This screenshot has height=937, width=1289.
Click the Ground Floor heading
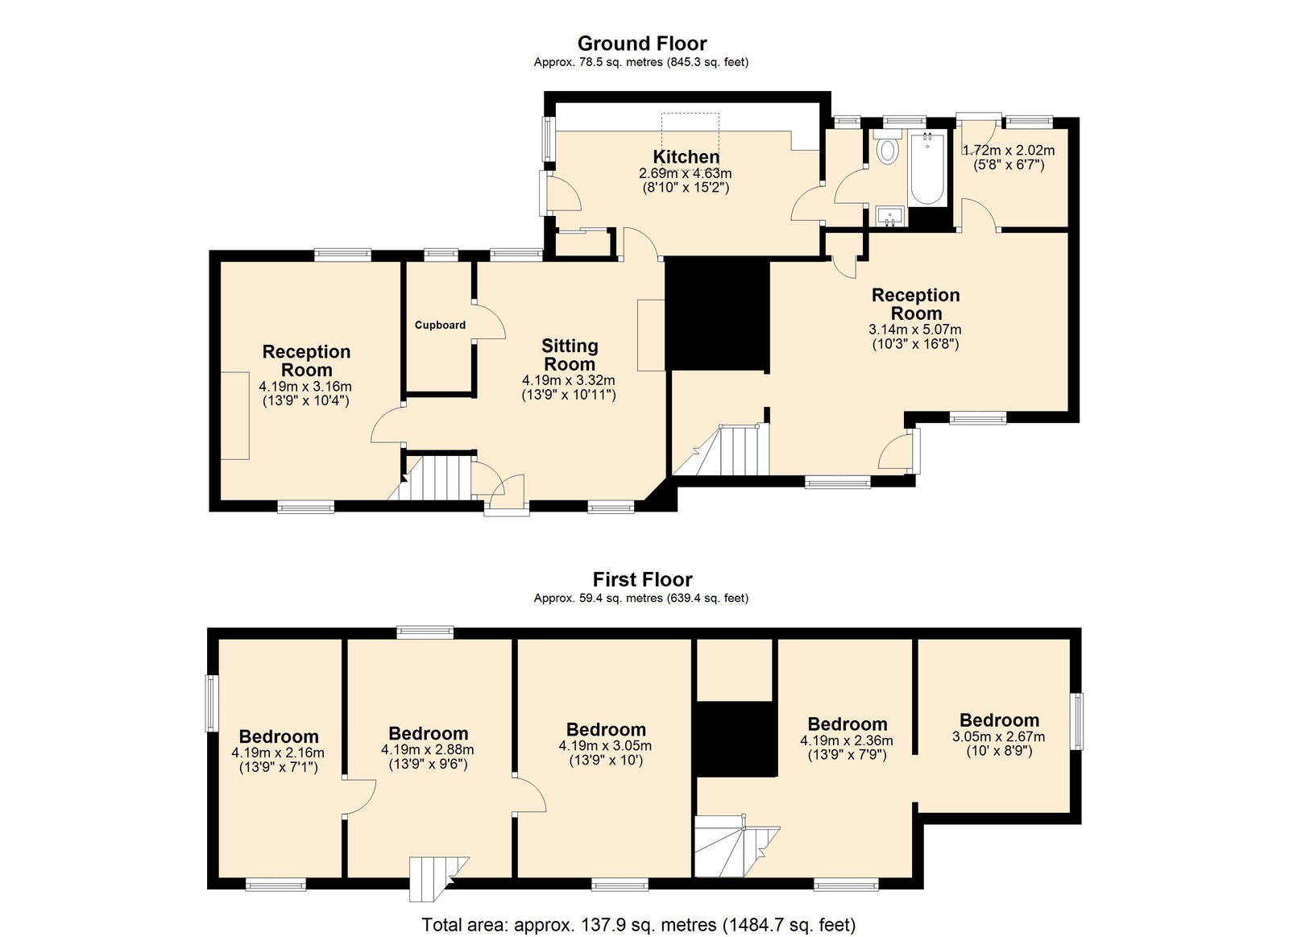(641, 44)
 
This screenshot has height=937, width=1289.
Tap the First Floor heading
(642, 579)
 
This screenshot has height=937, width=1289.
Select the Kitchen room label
(686, 156)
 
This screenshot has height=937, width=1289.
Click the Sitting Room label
(570, 355)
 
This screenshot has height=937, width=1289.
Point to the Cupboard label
(440, 325)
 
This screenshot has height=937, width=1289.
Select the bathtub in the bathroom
(927, 168)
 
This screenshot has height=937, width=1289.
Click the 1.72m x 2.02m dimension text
(1009, 151)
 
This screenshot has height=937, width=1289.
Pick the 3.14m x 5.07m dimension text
(915, 330)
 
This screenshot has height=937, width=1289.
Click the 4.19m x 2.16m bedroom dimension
(278, 753)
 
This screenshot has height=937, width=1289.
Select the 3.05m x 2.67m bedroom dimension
(998, 736)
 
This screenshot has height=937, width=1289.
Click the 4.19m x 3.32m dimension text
(569, 380)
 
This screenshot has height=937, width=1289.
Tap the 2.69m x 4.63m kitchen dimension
(686, 173)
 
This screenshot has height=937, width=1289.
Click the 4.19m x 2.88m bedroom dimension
(428, 750)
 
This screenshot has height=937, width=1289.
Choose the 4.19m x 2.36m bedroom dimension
(847, 740)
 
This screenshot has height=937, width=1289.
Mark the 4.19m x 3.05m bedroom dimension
(605, 746)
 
